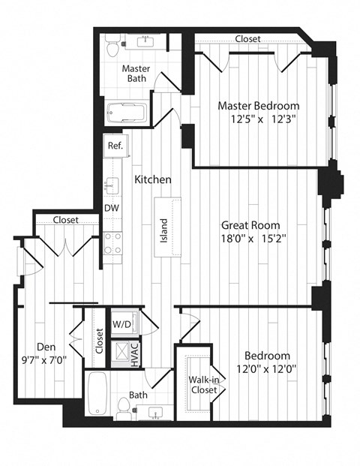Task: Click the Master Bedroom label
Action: (x=259, y=106)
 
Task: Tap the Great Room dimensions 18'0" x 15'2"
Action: (x=250, y=239)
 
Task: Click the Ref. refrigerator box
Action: (x=115, y=146)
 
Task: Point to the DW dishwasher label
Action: (x=111, y=208)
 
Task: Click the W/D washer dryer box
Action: (x=121, y=325)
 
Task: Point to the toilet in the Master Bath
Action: (x=113, y=48)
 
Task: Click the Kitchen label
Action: (x=153, y=180)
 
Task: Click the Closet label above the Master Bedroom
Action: (x=247, y=39)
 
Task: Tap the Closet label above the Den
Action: (x=67, y=220)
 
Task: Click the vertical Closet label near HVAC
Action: (x=98, y=341)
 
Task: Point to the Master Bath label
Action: (x=136, y=74)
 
